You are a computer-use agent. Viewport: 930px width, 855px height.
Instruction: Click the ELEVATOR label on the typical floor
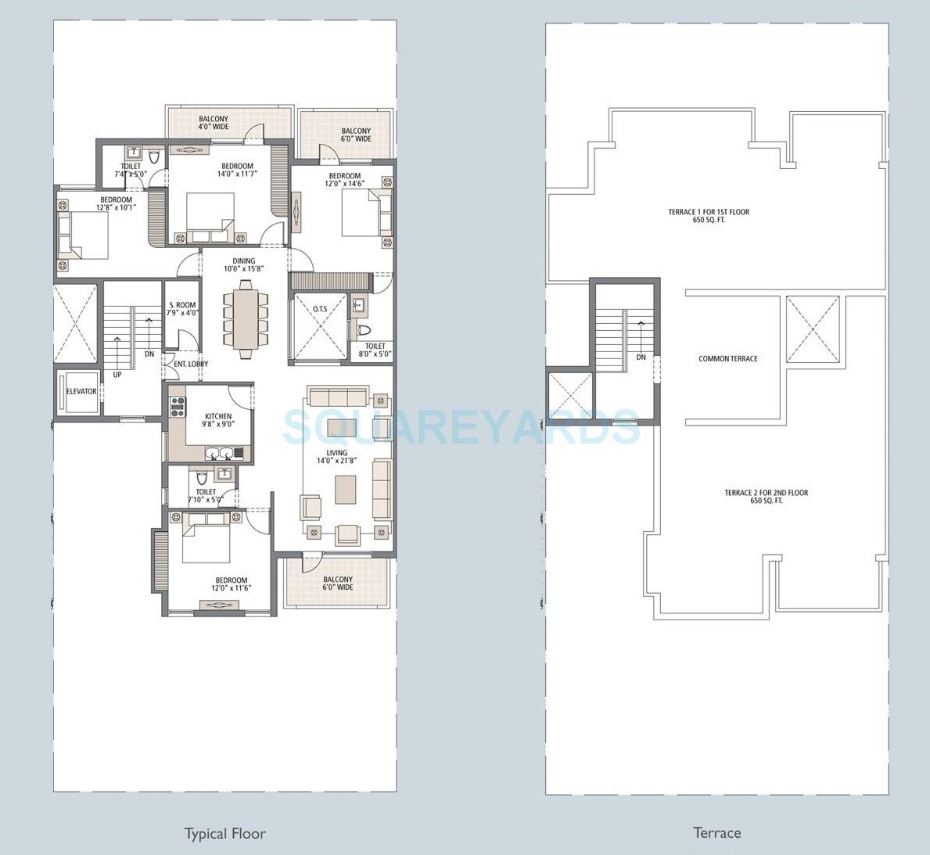click(81, 391)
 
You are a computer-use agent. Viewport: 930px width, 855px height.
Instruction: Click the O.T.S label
click(320, 309)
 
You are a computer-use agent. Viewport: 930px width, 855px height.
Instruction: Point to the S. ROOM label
click(182, 309)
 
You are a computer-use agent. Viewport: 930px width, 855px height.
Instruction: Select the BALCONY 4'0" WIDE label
click(214, 123)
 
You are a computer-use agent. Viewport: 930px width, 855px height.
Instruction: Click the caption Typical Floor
click(224, 834)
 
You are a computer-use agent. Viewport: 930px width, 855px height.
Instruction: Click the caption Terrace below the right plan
click(716, 833)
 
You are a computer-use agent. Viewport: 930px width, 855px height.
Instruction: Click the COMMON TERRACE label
click(727, 358)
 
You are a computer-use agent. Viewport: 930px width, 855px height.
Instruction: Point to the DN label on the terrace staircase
click(641, 357)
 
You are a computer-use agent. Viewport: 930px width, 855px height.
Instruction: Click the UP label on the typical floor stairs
click(118, 375)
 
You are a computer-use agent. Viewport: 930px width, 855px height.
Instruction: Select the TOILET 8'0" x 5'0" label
click(375, 350)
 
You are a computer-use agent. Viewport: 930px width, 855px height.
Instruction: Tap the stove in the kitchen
click(178, 406)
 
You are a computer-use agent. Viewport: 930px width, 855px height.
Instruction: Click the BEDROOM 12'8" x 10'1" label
click(115, 204)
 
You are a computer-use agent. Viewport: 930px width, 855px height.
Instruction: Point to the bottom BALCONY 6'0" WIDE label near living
click(338, 584)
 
